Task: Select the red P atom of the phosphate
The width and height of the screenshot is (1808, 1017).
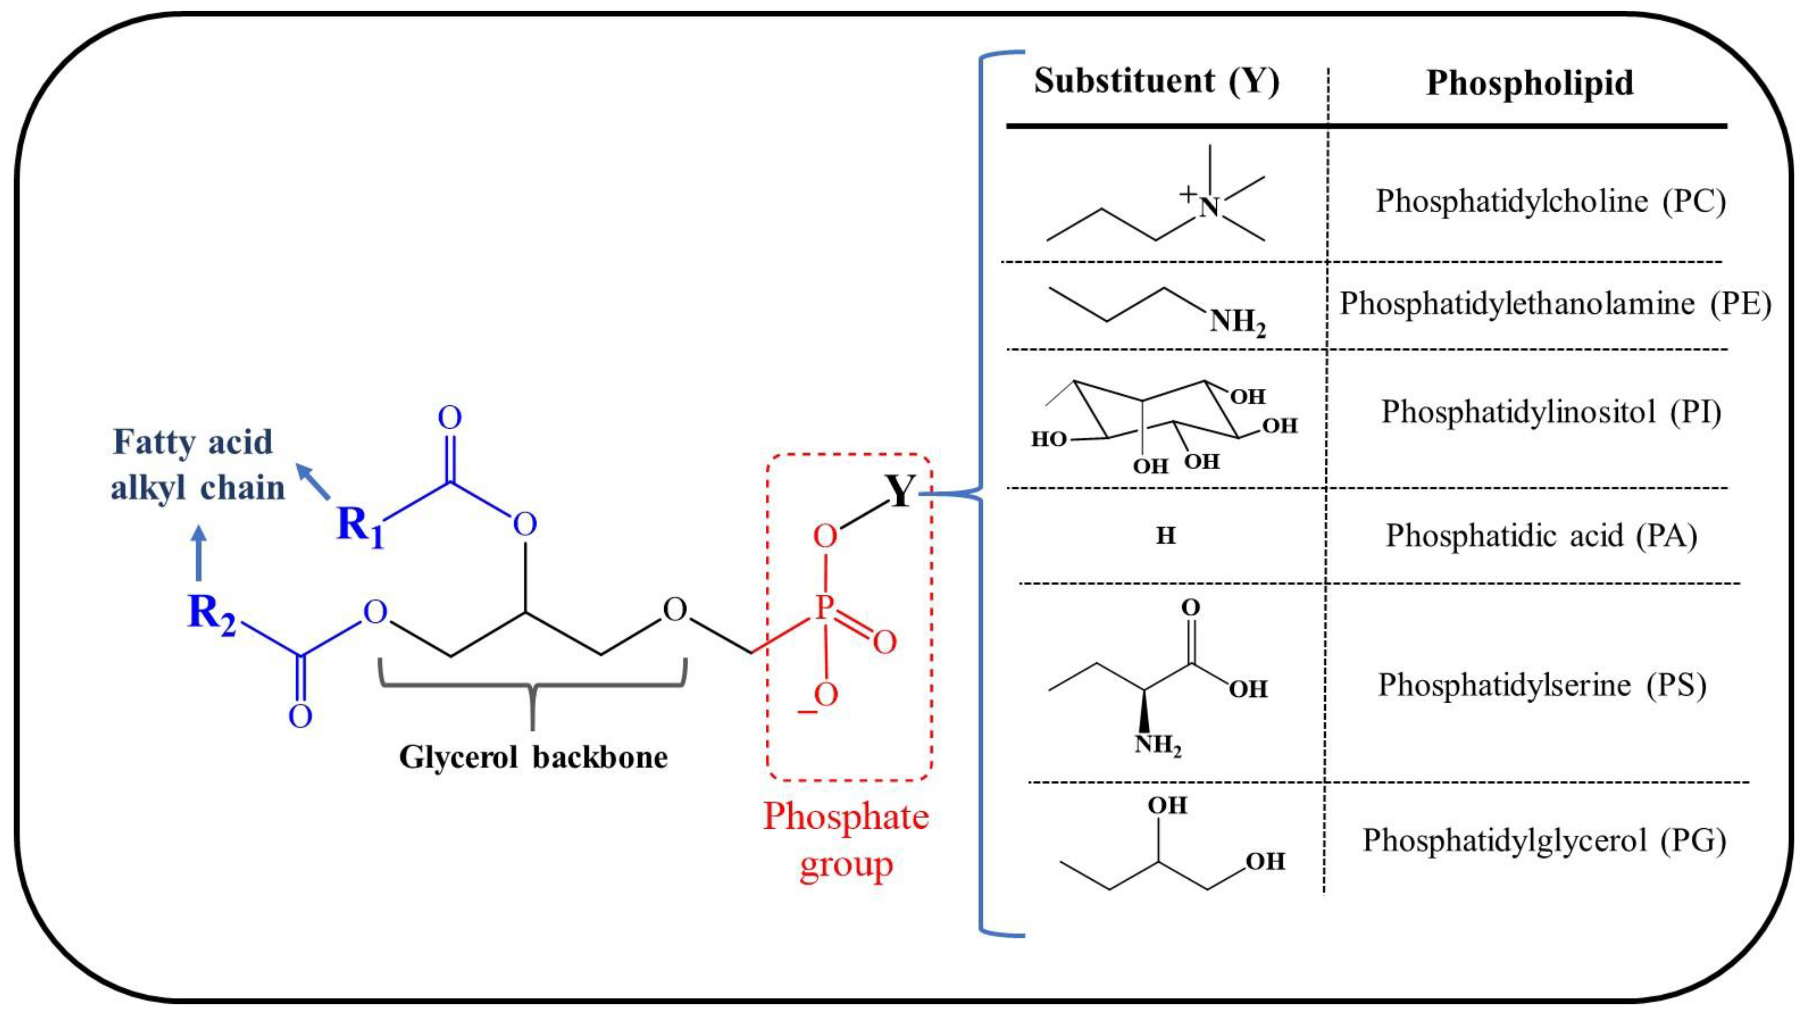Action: [824, 607]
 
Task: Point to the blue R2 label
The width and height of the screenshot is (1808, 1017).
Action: [211, 615]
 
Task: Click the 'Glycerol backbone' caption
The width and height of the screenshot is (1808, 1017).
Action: [533, 757]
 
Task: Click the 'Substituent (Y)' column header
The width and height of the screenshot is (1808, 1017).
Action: [1156, 81]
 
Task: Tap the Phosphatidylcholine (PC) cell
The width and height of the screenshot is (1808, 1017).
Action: [1550, 201]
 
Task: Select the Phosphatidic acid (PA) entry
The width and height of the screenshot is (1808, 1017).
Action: [1540, 536]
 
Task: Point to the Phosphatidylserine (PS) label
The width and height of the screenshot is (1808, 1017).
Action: [1542, 685]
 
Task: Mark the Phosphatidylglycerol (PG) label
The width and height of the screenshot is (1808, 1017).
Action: [1544, 840]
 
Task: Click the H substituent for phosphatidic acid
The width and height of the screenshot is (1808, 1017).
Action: [1165, 536]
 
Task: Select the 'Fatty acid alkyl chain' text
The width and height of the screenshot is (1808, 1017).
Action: [197, 465]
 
